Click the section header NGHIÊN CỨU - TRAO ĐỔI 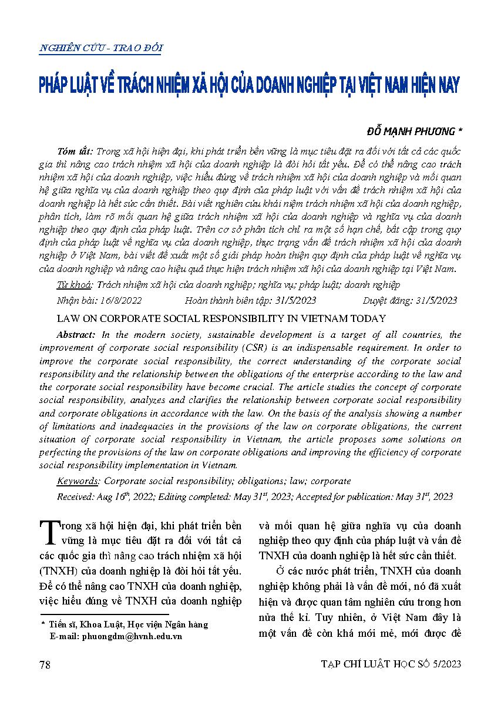pos(100,48)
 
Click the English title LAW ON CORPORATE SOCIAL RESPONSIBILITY pos(221,318)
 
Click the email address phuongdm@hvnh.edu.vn pos(116,636)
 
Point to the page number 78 pos(45,664)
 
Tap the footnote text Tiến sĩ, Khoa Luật pos(94,624)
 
